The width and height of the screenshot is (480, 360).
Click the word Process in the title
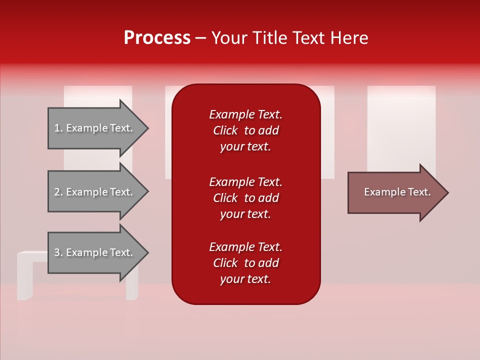coord(157,38)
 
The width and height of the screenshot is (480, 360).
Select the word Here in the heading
coord(348,38)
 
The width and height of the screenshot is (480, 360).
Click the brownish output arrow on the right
coord(395,192)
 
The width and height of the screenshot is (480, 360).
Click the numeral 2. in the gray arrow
coord(58,192)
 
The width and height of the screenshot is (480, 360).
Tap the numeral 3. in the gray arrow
coord(58,252)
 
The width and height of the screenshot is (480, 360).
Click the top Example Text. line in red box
coord(245,114)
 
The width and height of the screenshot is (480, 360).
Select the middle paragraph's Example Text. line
coord(245,182)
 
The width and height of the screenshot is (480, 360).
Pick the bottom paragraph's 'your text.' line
coord(245,279)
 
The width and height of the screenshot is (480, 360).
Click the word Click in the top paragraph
coord(225,130)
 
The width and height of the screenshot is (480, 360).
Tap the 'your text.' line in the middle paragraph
coord(245,214)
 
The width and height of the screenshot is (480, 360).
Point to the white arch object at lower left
coord(25,275)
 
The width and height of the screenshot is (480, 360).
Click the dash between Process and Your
coord(200,38)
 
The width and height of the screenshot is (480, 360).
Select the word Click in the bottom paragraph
coord(225,263)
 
